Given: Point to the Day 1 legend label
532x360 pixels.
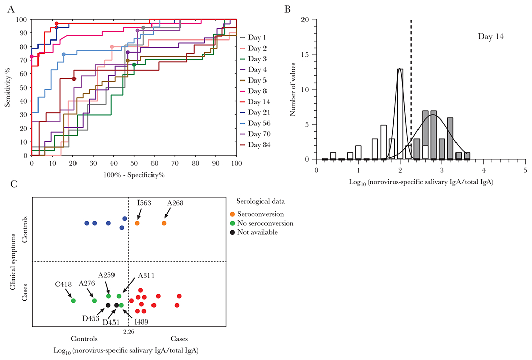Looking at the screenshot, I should pos(258,37).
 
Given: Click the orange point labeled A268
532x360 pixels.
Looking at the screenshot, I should pos(164,223).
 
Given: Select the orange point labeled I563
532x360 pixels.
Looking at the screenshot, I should pos(137,223).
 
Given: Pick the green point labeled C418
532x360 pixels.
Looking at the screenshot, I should pos(73,301).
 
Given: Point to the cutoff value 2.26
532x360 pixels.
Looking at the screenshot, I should pos(129,331).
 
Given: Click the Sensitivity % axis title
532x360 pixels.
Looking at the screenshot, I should pos(8,88).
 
